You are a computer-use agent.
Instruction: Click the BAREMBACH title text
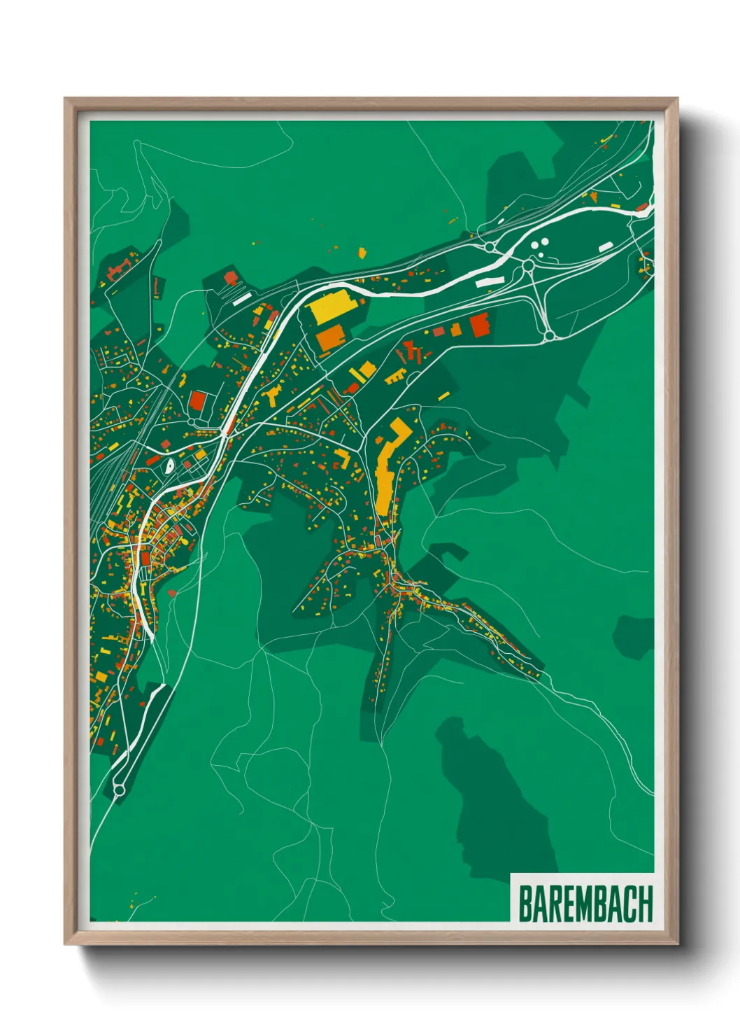(585, 904)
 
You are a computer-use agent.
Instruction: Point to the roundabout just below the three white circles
(528, 266)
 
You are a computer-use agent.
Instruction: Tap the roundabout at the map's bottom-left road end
(118, 790)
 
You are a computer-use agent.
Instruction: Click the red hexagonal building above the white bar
(230, 277)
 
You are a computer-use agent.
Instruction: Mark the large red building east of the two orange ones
(479, 325)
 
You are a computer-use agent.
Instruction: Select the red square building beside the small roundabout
(198, 401)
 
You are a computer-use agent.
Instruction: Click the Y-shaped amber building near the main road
(272, 395)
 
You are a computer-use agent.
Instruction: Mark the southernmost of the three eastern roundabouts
(549, 336)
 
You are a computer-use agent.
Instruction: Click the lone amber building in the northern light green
(362, 252)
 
